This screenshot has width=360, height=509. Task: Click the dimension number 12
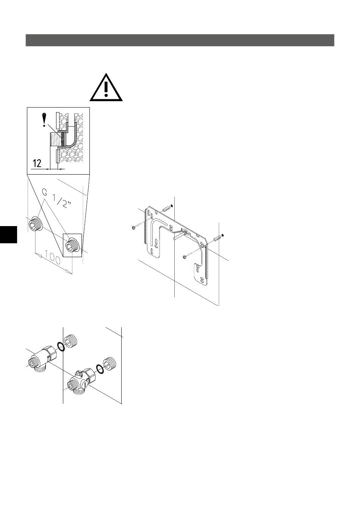37,163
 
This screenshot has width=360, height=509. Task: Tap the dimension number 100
53,257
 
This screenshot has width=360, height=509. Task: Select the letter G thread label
45,192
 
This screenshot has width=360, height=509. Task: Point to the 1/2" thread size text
62,201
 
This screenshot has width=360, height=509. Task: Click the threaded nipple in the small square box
72,245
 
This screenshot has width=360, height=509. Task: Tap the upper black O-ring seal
60,347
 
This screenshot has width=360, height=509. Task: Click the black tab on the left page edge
8,234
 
